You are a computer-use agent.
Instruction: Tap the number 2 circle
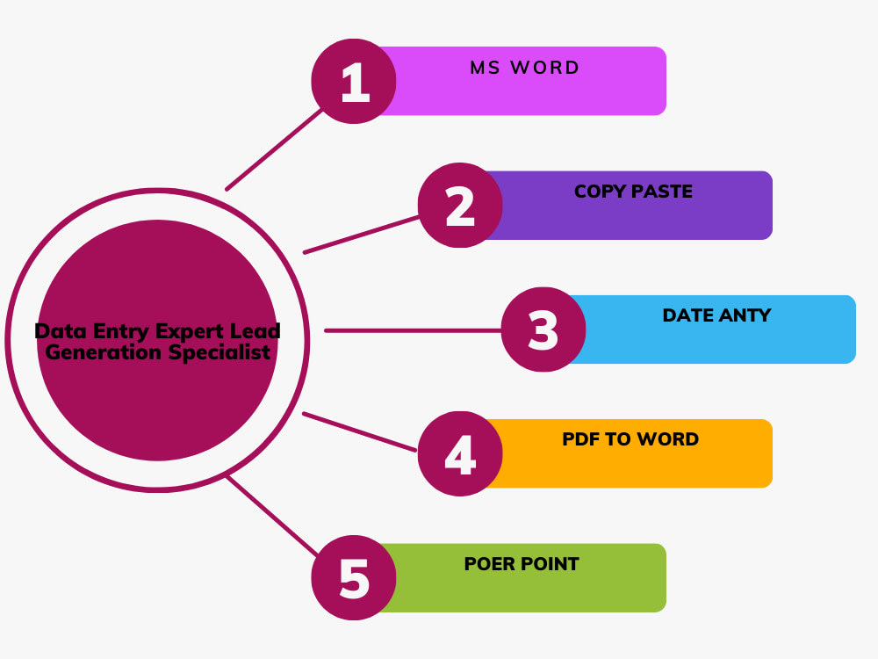coord(460,205)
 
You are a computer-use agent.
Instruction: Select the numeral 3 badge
coord(543,329)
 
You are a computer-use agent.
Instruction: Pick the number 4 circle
coord(460,453)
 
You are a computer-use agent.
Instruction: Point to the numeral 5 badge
coord(354,578)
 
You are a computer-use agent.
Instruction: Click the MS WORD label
coord(525,68)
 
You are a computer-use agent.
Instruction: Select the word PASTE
coord(662,192)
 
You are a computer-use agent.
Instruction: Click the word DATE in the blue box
coord(687,315)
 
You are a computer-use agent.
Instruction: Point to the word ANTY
coord(745,315)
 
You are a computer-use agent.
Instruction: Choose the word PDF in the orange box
coord(580,439)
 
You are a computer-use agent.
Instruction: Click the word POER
coord(490,564)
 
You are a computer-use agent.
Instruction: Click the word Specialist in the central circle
coord(219,352)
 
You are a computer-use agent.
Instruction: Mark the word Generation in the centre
coord(104,352)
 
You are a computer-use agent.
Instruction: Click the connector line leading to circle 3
coord(414,330)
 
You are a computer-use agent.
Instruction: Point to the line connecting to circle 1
coord(274,149)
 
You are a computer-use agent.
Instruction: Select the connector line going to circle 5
coord(272,516)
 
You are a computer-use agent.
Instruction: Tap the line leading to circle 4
coord(359,432)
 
